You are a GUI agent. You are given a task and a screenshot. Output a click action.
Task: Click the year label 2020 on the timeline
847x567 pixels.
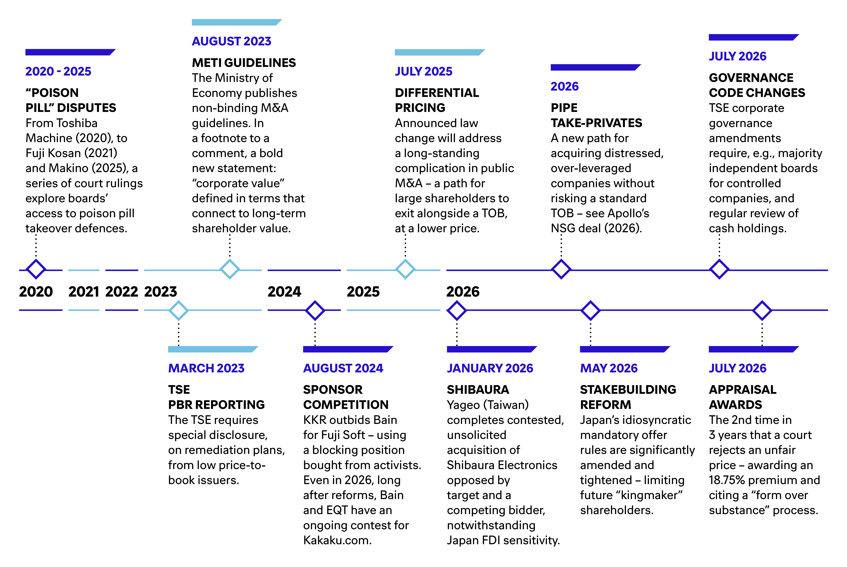pos(36,292)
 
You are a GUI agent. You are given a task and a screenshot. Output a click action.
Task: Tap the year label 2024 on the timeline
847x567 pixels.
pos(284,292)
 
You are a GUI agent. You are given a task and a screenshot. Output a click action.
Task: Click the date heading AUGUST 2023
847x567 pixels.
pos(231,41)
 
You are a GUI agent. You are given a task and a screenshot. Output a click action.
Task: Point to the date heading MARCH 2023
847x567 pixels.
pos(206,368)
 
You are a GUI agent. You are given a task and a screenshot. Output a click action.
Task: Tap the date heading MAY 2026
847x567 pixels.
pos(609,368)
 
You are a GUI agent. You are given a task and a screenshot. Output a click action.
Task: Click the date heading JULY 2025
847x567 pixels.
pos(424,71)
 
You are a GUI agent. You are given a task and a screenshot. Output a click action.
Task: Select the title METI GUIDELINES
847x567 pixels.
pos(244,63)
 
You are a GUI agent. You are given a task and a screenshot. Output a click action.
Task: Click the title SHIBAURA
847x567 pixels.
pos(478,389)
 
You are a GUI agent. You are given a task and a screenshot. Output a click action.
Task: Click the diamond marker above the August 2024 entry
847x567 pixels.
pos(315,310)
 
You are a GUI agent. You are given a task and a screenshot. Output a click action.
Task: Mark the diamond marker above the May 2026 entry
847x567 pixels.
pos(590,310)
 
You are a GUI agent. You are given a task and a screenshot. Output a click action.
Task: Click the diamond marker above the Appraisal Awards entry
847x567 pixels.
pos(762,310)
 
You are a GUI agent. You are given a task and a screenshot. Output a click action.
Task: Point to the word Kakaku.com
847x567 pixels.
pos(337,540)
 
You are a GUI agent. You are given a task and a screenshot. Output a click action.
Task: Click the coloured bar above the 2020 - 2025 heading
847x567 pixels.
pos(70,52)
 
